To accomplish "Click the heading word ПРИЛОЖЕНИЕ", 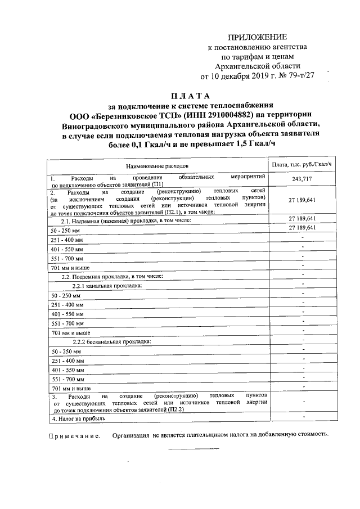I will (x=255, y=37).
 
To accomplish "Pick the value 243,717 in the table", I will (x=301, y=179).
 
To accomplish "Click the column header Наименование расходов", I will (x=157, y=166).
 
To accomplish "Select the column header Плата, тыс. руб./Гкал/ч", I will (x=301, y=164).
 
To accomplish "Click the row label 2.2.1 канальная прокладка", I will (x=107, y=286).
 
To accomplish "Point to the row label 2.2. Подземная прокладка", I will (x=112, y=276).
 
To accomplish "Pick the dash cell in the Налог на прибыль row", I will (x=302, y=417).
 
